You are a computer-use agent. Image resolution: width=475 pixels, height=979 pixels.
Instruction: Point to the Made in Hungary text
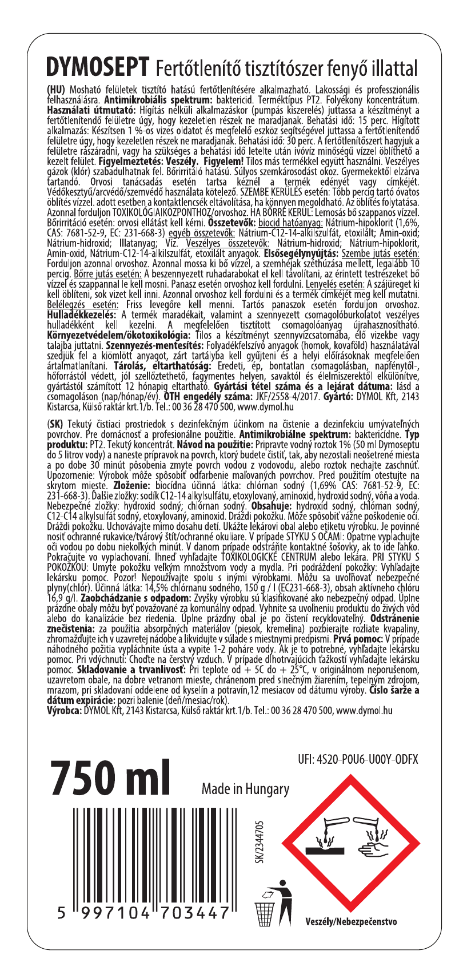point(245,789)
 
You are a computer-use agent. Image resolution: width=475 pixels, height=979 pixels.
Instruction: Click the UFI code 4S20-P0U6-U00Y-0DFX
point(358,760)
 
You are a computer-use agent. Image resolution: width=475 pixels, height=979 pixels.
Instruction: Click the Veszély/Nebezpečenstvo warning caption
point(351,921)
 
